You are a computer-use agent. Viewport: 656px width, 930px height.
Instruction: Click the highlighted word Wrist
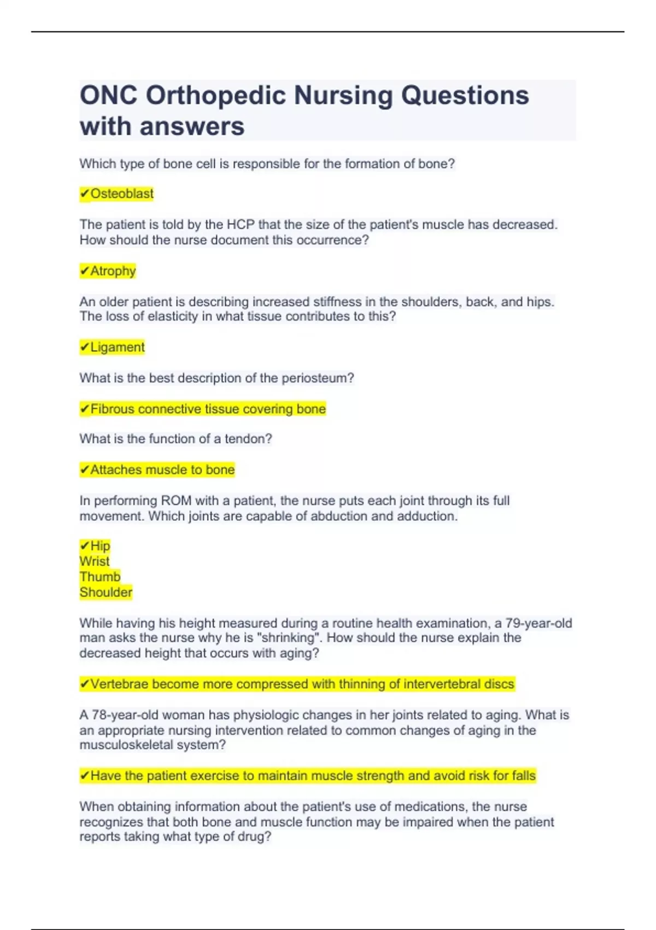(x=95, y=561)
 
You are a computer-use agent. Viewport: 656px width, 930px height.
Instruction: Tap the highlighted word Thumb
(x=100, y=577)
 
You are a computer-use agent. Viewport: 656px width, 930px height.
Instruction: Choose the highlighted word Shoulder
(x=106, y=592)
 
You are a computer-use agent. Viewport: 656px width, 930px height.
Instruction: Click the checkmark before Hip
(x=85, y=545)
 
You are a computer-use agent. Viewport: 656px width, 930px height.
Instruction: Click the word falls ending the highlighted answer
(x=524, y=776)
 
